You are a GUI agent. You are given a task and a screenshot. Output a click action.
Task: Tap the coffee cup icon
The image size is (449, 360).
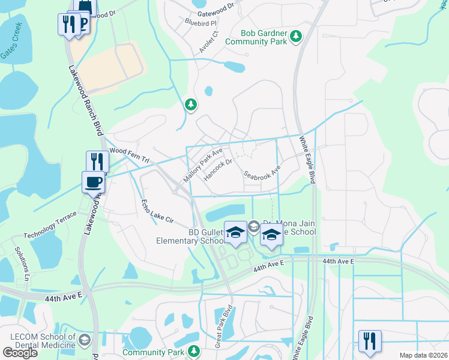(x=93, y=182)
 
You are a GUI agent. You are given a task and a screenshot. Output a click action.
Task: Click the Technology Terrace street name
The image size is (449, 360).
(x=50, y=224)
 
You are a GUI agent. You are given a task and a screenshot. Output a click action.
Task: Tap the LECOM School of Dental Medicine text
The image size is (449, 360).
(x=38, y=340)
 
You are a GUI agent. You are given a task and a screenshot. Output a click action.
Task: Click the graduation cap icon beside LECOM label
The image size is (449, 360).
(x=85, y=340)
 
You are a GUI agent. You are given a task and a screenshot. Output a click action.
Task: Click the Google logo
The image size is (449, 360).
(x=20, y=352)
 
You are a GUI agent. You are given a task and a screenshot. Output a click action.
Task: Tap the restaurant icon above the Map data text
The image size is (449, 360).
(x=369, y=340)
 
